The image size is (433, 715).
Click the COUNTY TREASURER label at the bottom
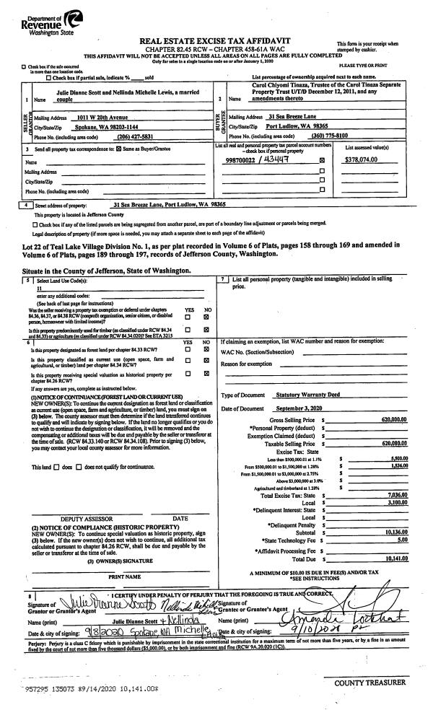pos(375,682)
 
